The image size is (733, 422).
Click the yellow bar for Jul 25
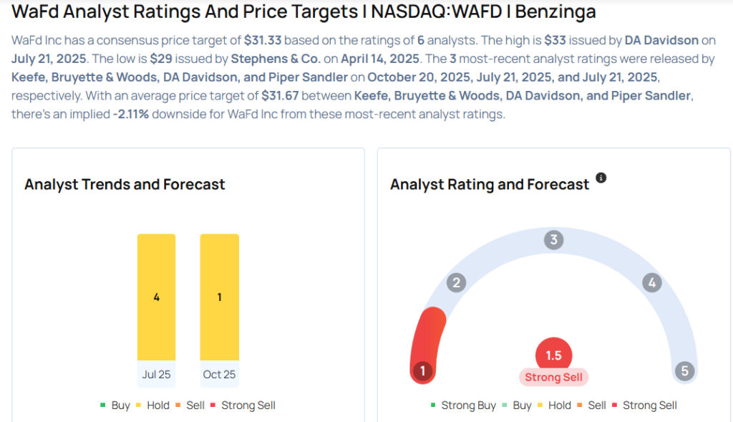point(156,297)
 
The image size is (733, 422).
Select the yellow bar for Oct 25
point(219,297)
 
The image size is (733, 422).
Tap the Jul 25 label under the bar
point(156,374)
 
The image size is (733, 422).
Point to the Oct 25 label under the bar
point(219,374)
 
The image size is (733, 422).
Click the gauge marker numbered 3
point(553,239)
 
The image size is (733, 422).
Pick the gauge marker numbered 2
point(455,282)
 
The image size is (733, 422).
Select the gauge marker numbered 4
point(651,282)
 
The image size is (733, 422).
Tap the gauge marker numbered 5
point(684,370)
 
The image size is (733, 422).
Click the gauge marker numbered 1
point(422,370)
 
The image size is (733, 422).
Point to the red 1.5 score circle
point(553,355)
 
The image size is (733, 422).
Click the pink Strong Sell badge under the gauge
point(553,377)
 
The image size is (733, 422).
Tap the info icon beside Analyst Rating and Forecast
point(601,178)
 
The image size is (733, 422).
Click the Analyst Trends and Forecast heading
point(125,184)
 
